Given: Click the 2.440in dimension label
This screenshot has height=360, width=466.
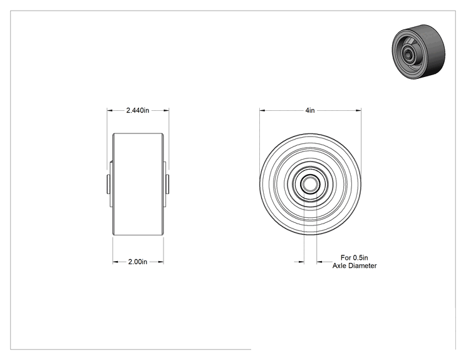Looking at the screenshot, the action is pyautogui.click(x=138, y=110).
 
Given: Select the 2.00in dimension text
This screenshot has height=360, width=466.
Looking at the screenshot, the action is pyautogui.click(x=138, y=262).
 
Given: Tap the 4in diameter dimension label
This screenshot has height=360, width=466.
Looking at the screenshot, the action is pyautogui.click(x=310, y=110).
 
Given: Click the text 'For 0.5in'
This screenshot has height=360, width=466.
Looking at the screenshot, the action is pyautogui.click(x=355, y=257).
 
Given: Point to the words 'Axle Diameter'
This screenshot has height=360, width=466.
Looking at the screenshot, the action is pyautogui.click(x=355, y=265).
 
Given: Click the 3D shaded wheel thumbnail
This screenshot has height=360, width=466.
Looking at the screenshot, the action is pyautogui.click(x=418, y=52).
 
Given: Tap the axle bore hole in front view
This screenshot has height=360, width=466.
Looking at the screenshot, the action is pyautogui.click(x=310, y=184).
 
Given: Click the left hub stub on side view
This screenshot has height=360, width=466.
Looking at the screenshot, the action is pyautogui.click(x=108, y=184).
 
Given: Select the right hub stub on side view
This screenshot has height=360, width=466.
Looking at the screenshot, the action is pyautogui.click(x=167, y=184).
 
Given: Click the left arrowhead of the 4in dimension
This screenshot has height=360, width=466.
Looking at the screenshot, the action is pyautogui.click(x=262, y=110).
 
